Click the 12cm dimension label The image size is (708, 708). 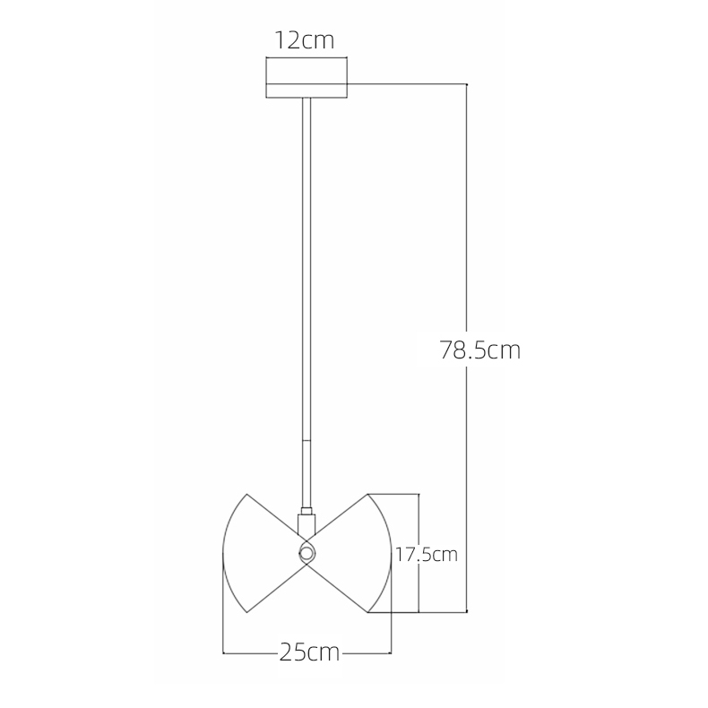[x=305, y=40]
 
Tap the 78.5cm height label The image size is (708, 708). [x=480, y=350]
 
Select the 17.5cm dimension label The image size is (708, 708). [x=427, y=555]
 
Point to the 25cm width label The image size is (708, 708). [x=309, y=652]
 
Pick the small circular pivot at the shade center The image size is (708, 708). [x=307, y=553]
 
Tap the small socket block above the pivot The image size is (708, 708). [x=307, y=524]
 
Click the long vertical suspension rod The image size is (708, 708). [x=307, y=303]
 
